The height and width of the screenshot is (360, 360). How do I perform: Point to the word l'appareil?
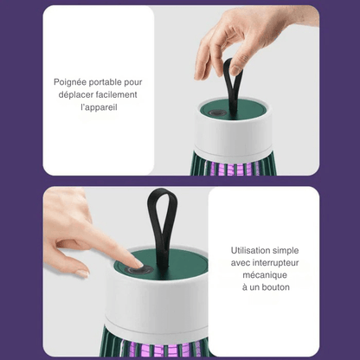click(99, 107)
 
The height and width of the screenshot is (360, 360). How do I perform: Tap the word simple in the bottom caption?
click(286, 251)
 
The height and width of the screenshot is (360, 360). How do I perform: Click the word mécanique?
click(264, 275)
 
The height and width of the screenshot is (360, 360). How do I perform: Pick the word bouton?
click(274, 287)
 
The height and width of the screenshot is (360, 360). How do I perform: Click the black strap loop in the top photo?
click(234, 87)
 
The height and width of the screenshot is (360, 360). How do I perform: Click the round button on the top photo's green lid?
click(215, 112)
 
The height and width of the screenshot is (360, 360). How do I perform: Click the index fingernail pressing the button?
click(139, 263)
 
